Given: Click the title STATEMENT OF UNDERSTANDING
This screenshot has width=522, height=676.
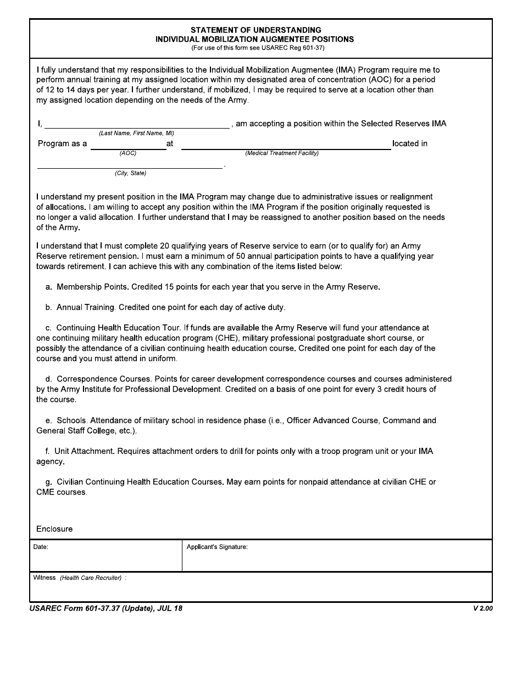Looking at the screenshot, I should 256,30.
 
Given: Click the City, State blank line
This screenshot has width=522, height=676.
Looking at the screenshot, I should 130,165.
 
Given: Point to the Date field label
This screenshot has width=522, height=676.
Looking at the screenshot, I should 41,547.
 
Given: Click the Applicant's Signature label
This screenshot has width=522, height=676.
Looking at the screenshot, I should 217,547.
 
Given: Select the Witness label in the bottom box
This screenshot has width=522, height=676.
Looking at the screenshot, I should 45,578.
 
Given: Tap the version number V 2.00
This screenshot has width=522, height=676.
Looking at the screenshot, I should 482,608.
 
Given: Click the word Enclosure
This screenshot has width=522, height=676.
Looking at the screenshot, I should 54,529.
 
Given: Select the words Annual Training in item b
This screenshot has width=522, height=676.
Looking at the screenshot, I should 85,307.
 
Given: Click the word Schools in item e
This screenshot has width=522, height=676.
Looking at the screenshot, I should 71,420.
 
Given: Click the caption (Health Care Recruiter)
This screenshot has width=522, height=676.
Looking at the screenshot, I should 91,578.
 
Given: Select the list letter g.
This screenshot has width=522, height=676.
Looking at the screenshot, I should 49,482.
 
